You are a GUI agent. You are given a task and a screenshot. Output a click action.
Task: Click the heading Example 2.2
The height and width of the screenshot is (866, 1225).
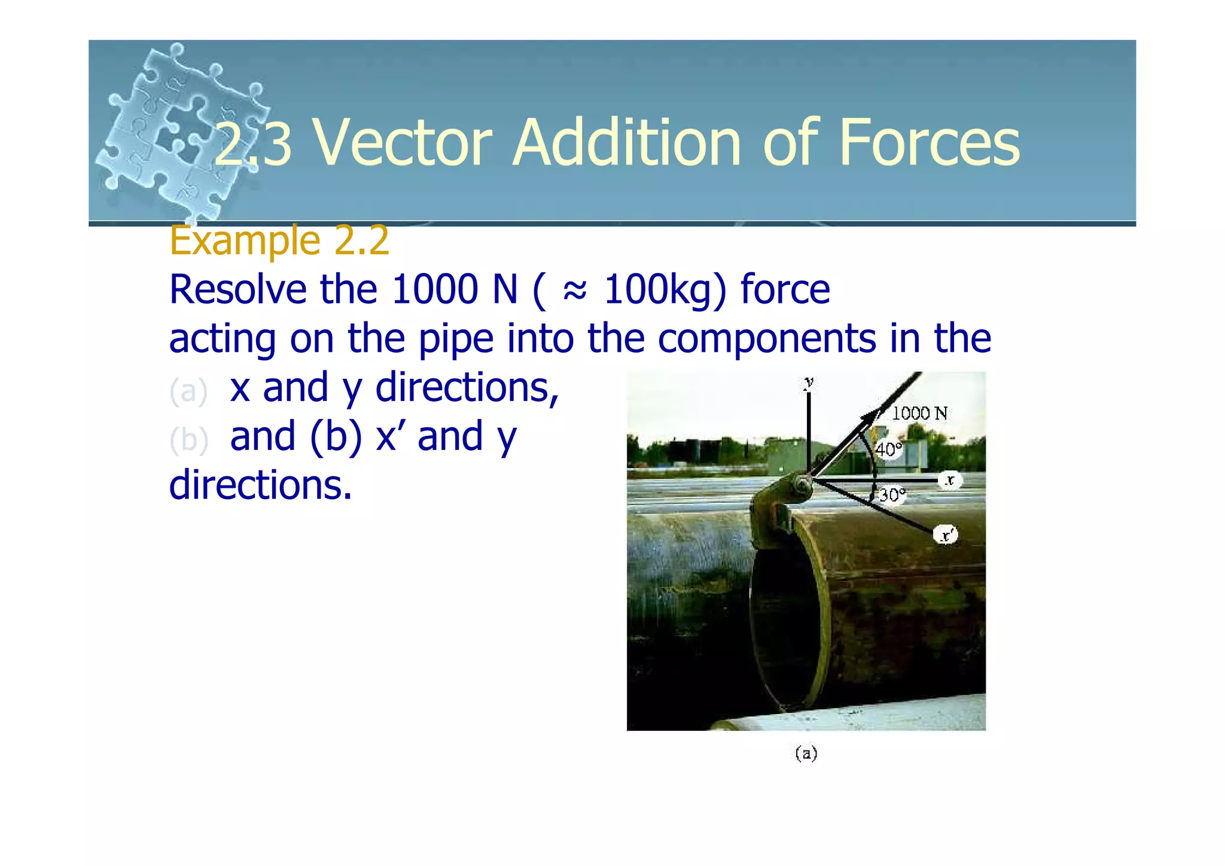pyautogui.click(x=279, y=241)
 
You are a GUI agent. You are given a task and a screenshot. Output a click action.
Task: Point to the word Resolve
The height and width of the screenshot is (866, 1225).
pyautogui.click(x=237, y=290)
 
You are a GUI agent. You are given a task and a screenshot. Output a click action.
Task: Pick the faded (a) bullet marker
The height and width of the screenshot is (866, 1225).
pyautogui.click(x=188, y=391)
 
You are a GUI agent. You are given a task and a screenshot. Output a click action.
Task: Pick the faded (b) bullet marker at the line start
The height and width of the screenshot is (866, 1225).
pyautogui.click(x=188, y=440)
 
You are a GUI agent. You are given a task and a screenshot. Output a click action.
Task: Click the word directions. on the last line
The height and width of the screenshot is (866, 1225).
pyautogui.click(x=260, y=485)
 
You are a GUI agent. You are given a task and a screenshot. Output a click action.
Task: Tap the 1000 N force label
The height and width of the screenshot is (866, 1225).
pyautogui.click(x=919, y=413)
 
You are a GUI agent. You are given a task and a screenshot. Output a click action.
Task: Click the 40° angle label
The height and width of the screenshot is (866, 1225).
pyautogui.click(x=888, y=449)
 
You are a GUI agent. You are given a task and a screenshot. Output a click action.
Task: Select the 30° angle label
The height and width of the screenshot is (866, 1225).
pyautogui.click(x=892, y=495)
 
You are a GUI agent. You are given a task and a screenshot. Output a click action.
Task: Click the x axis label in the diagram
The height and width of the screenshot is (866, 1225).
pyautogui.click(x=950, y=480)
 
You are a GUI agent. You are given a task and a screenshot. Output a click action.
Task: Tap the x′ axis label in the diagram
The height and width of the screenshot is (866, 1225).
pyautogui.click(x=946, y=534)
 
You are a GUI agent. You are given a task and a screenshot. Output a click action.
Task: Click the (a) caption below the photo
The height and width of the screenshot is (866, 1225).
pyautogui.click(x=806, y=753)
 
